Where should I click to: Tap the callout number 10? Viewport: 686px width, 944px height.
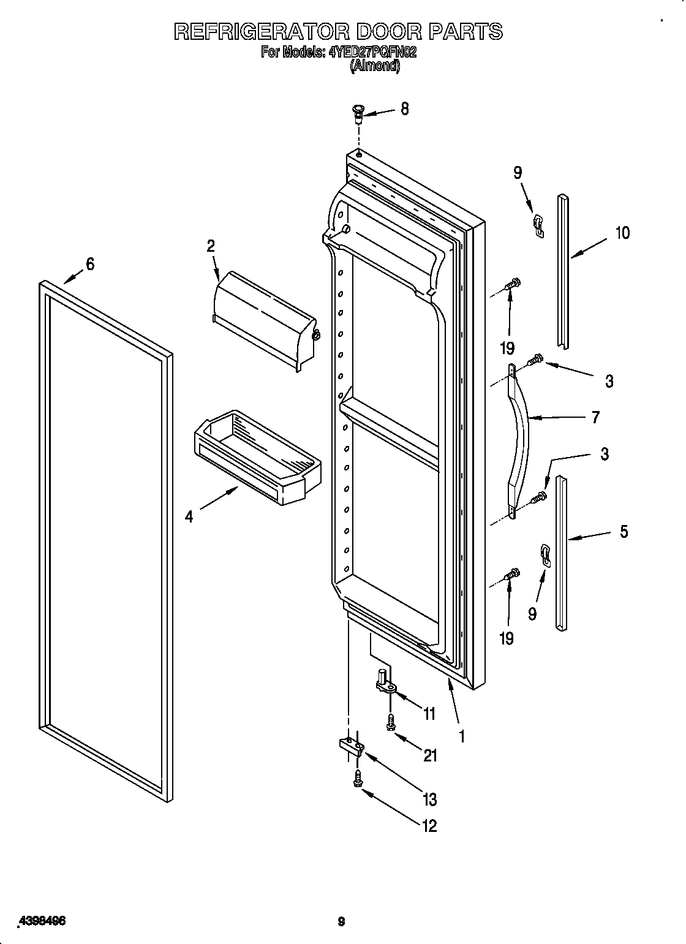click(x=622, y=233)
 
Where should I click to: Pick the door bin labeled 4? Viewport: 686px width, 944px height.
click(x=251, y=456)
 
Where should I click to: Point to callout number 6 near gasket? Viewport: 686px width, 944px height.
click(x=90, y=264)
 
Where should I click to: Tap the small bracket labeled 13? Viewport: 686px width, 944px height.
click(x=352, y=746)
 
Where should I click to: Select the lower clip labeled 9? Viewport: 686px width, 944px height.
click(x=545, y=554)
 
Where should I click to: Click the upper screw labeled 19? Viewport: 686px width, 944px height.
click(x=511, y=284)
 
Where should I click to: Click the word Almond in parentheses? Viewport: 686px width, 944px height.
click(x=375, y=66)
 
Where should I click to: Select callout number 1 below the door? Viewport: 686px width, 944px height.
click(x=461, y=736)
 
